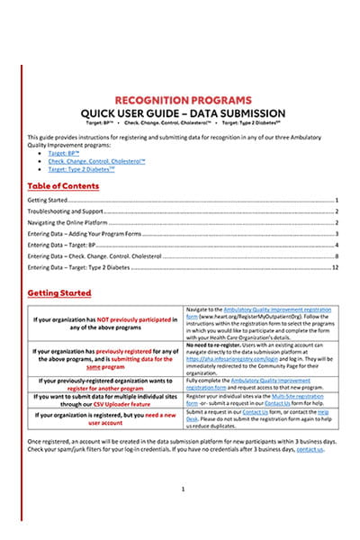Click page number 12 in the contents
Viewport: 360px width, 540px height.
(334, 267)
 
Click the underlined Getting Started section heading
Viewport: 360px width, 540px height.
(58, 292)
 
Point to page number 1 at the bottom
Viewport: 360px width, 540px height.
(183, 489)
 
